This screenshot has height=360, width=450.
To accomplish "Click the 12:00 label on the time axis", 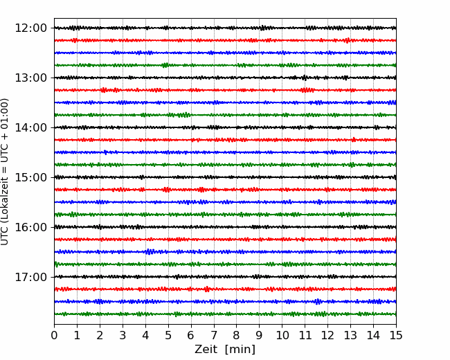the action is [x=30, y=28].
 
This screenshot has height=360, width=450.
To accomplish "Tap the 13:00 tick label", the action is [x=30, y=78].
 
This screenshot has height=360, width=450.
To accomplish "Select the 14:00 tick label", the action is [x=30, y=127].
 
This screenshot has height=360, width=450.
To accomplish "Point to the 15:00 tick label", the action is [x=30, y=177].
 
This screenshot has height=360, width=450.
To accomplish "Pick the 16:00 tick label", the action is [x=30, y=227].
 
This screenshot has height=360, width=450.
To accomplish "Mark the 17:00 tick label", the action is [x=30, y=277].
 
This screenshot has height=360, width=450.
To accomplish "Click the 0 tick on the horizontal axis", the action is [x=54, y=335].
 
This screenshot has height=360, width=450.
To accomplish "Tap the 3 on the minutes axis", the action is [x=123, y=335].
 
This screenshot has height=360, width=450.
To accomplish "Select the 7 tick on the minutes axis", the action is [x=214, y=335].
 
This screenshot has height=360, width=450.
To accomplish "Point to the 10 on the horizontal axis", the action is [x=282, y=335].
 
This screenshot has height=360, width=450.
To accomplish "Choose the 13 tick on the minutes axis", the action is [x=350, y=335].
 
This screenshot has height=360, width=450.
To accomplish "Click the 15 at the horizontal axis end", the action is [x=396, y=335].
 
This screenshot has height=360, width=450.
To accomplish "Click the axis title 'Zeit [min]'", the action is [x=225, y=349].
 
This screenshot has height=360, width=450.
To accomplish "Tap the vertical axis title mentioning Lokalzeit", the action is [x=5, y=172].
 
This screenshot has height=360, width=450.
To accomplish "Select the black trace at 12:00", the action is [x=225, y=28].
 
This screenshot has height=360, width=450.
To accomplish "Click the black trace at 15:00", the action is [x=225, y=177].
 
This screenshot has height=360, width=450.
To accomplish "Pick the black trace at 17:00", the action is [x=225, y=277].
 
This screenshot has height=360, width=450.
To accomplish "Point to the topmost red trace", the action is [x=225, y=40].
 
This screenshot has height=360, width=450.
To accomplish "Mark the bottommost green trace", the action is [x=225, y=314].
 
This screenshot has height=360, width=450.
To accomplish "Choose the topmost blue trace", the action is [x=225, y=53].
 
